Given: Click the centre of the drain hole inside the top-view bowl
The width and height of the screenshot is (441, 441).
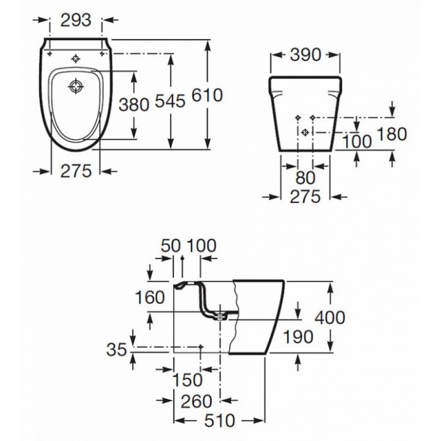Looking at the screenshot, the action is click(x=76, y=86).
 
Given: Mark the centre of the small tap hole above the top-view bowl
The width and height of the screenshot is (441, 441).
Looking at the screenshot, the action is click(x=75, y=58).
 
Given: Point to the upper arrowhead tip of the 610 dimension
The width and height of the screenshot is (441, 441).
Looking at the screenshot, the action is click(x=208, y=40).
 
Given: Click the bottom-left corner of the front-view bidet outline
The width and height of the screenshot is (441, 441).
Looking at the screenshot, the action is click(x=279, y=151).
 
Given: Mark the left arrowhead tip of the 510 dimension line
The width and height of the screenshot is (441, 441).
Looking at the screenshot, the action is click(x=173, y=421).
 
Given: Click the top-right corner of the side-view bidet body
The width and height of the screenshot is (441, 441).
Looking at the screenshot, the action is click(x=284, y=280).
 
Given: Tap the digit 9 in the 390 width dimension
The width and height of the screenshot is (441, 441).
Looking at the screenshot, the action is click(x=306, y=55).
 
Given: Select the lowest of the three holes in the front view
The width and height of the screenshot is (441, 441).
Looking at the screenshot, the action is click(x=305, y=132).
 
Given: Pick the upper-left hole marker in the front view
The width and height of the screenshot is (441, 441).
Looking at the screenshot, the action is click(x=297, y=117).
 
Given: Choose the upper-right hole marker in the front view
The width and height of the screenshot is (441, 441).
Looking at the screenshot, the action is click(x=313, y=117).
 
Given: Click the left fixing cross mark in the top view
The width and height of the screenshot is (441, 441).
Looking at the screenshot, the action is click(x=50, y=53).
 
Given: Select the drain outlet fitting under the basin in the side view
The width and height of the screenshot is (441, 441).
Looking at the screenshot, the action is click(x=221, y=317).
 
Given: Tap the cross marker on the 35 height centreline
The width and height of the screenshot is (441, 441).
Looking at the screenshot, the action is click(x=200, y=347).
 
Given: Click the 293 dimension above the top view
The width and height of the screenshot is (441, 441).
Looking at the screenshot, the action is click(x=76, y=20).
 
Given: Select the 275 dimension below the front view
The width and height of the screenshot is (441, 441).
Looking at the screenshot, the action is click(x=305, y=196).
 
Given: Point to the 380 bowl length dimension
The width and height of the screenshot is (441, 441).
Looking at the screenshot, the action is click(x=134, y=104).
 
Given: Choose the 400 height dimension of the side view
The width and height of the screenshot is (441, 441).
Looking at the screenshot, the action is click(x=330, y=318).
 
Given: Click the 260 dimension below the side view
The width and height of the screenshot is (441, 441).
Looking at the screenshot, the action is click(x=196, y=401).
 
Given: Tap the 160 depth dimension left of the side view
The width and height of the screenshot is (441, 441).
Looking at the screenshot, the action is click(x=150, y=297).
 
